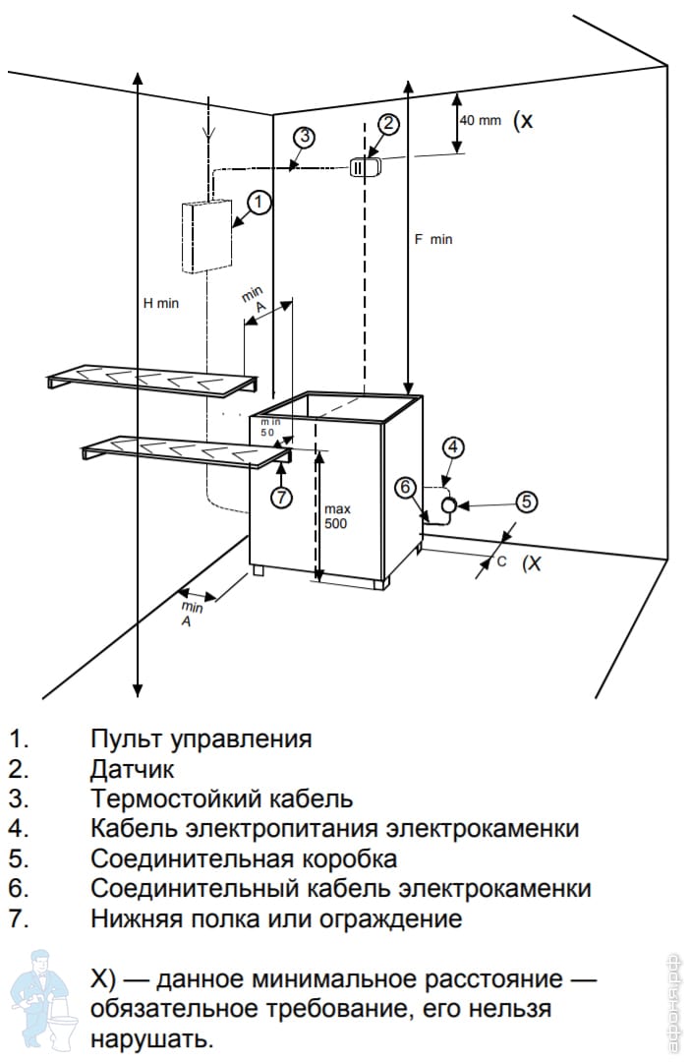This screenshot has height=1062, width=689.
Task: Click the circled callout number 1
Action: click(x=258, y=203)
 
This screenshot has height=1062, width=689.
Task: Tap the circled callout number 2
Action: click(x=388, y=124)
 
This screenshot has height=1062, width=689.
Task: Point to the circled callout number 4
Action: click(x=452, y=447)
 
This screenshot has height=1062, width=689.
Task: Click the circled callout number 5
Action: click(x=527, y=501)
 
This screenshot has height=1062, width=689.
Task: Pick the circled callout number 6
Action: click(x=407, y=486)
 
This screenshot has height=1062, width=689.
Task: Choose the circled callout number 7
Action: click(x=282, y=498)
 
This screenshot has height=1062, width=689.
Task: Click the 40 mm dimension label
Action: click(x=481, y=121)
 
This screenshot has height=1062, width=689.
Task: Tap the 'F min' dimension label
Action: click(x=433, y=239)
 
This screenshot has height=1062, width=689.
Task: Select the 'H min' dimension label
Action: click(x=161, y=303)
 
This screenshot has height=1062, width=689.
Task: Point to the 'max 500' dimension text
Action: click(x=337, y=515)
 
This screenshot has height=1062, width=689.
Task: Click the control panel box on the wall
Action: click(x=207, y=235)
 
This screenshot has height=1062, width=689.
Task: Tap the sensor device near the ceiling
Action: click(x=362, y=167)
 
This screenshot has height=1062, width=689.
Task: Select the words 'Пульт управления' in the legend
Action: click(x=201, y=738)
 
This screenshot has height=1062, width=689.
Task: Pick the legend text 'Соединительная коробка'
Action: click(x=244, y=858)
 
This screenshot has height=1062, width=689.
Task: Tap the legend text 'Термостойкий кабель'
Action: click(x=221, y=798)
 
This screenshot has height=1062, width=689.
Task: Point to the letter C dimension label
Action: click(x=500, y=561)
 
